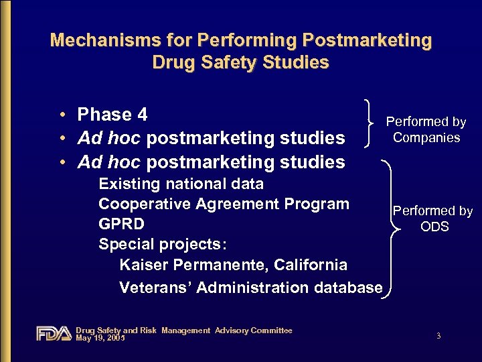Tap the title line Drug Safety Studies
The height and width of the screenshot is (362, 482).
[x=241, y=63]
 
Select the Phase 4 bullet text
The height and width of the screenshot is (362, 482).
[x=112, y=115]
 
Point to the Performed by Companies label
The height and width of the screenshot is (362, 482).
[x=426, y=129]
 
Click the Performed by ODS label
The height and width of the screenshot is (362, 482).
[x=433, y=219]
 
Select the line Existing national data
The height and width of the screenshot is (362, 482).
[x=181, y=184]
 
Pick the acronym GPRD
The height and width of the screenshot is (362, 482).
[x=121, y=224]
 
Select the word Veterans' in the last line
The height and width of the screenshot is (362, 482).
[x=155, y=288]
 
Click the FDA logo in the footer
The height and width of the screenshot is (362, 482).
[x=54, y=333]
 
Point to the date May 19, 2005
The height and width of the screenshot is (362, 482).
[x=100, y=337]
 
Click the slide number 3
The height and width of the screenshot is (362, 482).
[x=438, y=336]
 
